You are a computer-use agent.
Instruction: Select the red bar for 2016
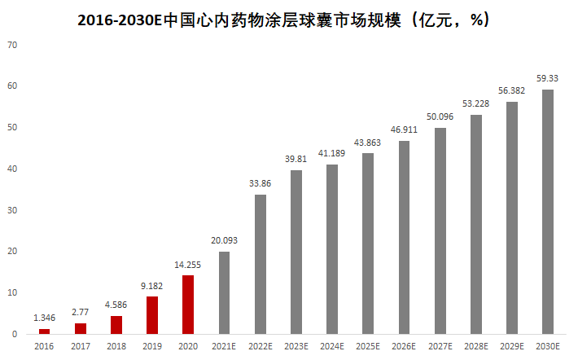(45, 331)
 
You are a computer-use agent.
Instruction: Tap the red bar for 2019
(152, 315)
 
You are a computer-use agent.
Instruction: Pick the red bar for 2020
(188, 305)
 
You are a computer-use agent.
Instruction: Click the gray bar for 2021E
(224, 292)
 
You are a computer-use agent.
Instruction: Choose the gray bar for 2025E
(368, 244)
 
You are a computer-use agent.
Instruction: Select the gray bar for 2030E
(548, 212)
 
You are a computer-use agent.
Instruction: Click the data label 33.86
(260, 184)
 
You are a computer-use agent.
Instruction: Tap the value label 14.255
(188, 265)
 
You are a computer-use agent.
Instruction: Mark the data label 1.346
(45, 318)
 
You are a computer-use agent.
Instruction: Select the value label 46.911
(404, 130)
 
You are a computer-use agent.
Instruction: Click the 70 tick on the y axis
(12, 45)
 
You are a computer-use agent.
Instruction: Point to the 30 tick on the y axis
(12, 210)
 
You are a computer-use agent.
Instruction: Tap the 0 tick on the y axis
(15, 334)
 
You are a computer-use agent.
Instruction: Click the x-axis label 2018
(116, 346)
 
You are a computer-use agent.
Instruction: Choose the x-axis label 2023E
(296, 346)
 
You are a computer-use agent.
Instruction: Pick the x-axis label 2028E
(475, 346)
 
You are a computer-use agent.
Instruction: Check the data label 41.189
(332, 154)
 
